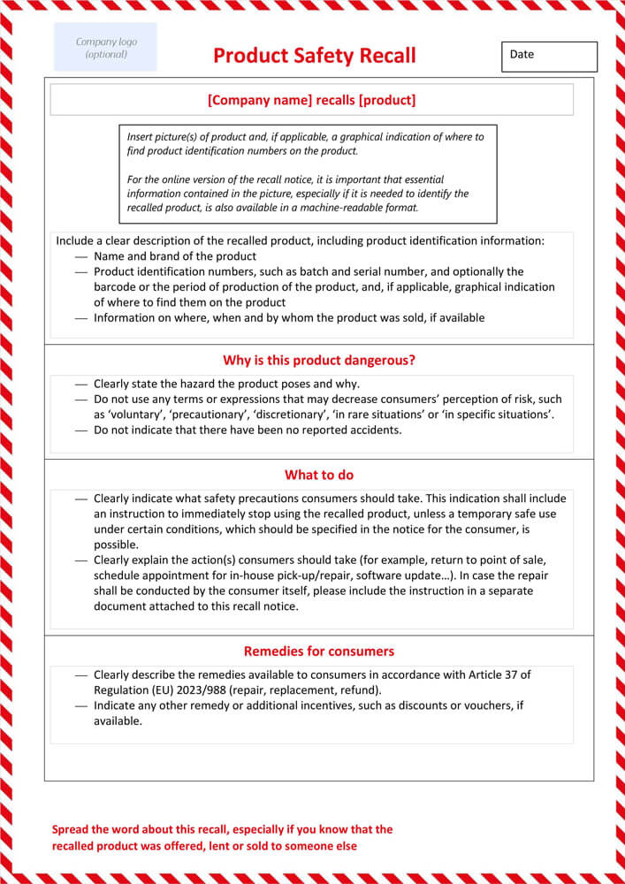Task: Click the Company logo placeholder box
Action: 105,48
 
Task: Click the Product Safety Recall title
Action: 314,57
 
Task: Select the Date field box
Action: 549,57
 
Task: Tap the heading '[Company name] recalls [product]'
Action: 311,100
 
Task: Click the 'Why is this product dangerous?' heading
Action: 319,360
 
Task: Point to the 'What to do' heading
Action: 319,475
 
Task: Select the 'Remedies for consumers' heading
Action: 319,651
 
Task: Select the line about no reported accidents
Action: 248,431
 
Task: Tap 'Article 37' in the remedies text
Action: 499,674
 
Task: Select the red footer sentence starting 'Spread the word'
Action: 222,837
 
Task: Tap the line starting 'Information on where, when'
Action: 289,318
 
